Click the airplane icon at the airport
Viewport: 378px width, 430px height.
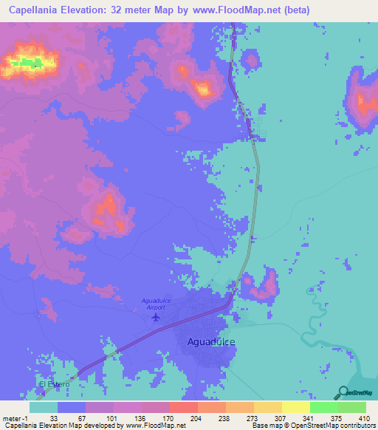tap(155, 317)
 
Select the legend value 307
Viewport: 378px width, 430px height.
tap(281, 417)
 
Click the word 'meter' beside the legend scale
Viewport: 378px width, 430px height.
tap(10, 417)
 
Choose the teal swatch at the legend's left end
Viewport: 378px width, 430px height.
tap(44, 407)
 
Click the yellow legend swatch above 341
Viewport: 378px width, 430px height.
tap(295, 407)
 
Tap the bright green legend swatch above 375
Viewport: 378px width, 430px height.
tap(323, 407)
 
